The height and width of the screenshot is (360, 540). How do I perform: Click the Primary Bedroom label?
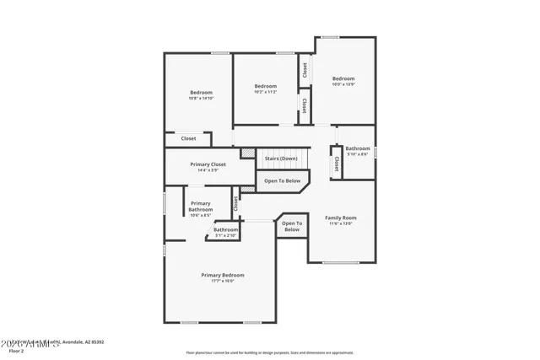point(222,275)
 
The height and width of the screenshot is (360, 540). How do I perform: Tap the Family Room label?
point(341,218)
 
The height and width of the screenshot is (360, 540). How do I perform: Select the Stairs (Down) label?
point(281,159)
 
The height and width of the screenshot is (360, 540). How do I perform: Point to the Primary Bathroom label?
point(200,206)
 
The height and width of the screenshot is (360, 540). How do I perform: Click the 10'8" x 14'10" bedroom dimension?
point(201,99)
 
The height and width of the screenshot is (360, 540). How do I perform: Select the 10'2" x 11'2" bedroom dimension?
point(266,92)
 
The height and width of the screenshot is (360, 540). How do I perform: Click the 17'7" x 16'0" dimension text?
point(222,281)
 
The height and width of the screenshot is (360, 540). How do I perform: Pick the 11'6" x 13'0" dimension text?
point(341,223)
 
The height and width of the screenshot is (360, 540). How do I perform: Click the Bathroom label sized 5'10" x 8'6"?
point(357,148)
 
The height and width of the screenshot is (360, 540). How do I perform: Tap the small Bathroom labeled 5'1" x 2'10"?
point(225,230)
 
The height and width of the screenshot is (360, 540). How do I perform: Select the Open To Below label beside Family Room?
point(292,226)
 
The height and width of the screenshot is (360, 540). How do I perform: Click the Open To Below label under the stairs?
point(282,180)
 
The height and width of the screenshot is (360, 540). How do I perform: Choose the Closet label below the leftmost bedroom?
point(188,138)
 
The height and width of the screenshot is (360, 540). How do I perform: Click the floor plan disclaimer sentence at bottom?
point(269,353)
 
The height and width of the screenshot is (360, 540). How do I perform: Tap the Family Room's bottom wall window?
point(341,262)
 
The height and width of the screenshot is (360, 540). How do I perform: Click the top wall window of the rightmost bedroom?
point(330,36)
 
